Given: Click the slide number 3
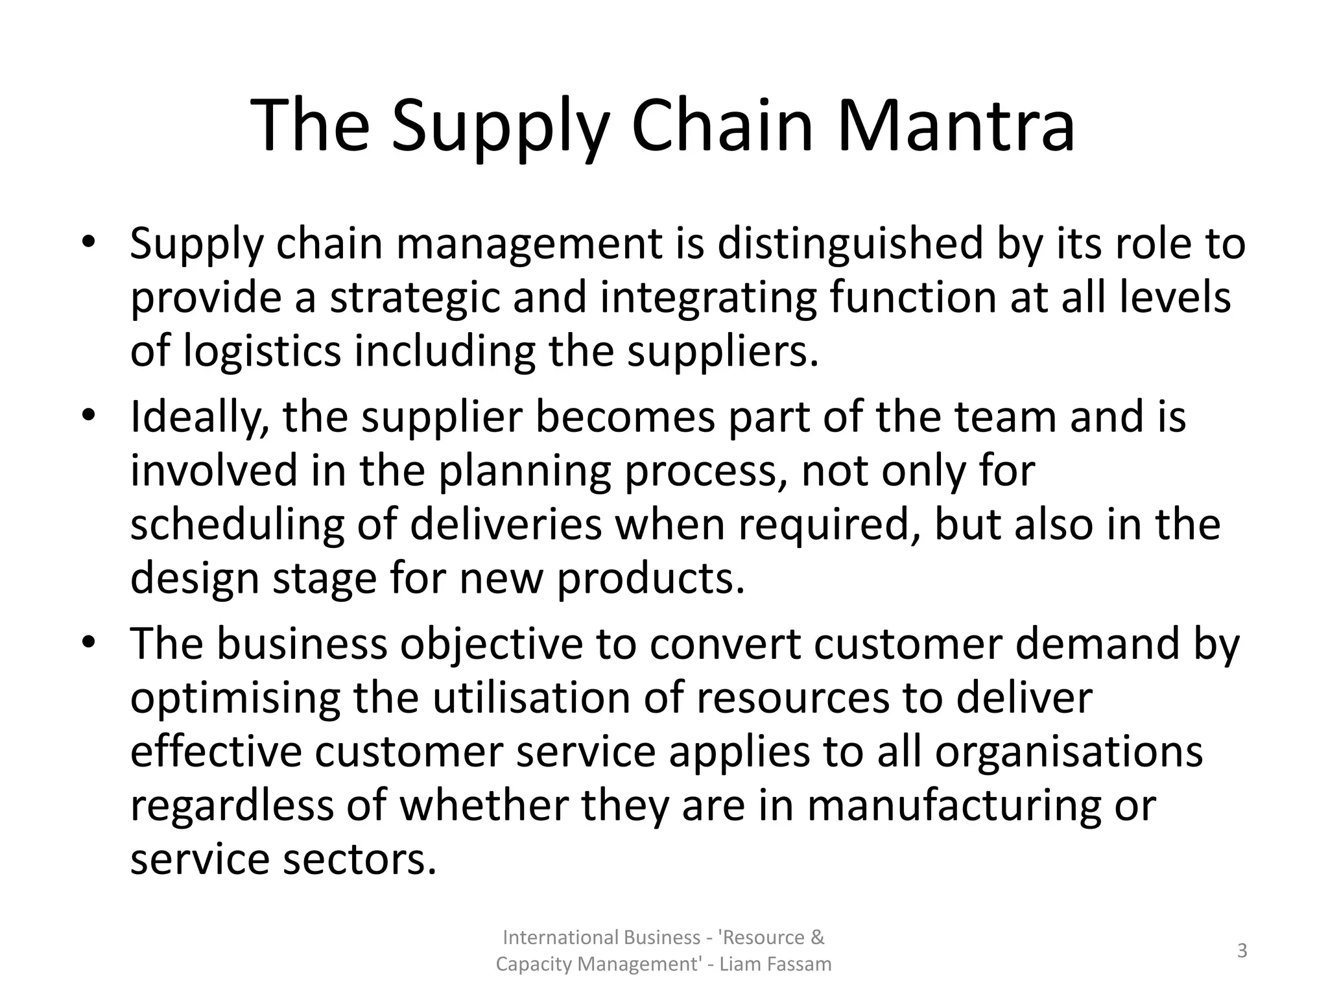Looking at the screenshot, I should pos(1242,951).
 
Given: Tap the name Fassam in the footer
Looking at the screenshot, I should pos(799,965).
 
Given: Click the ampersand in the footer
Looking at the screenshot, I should pos(818,938).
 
